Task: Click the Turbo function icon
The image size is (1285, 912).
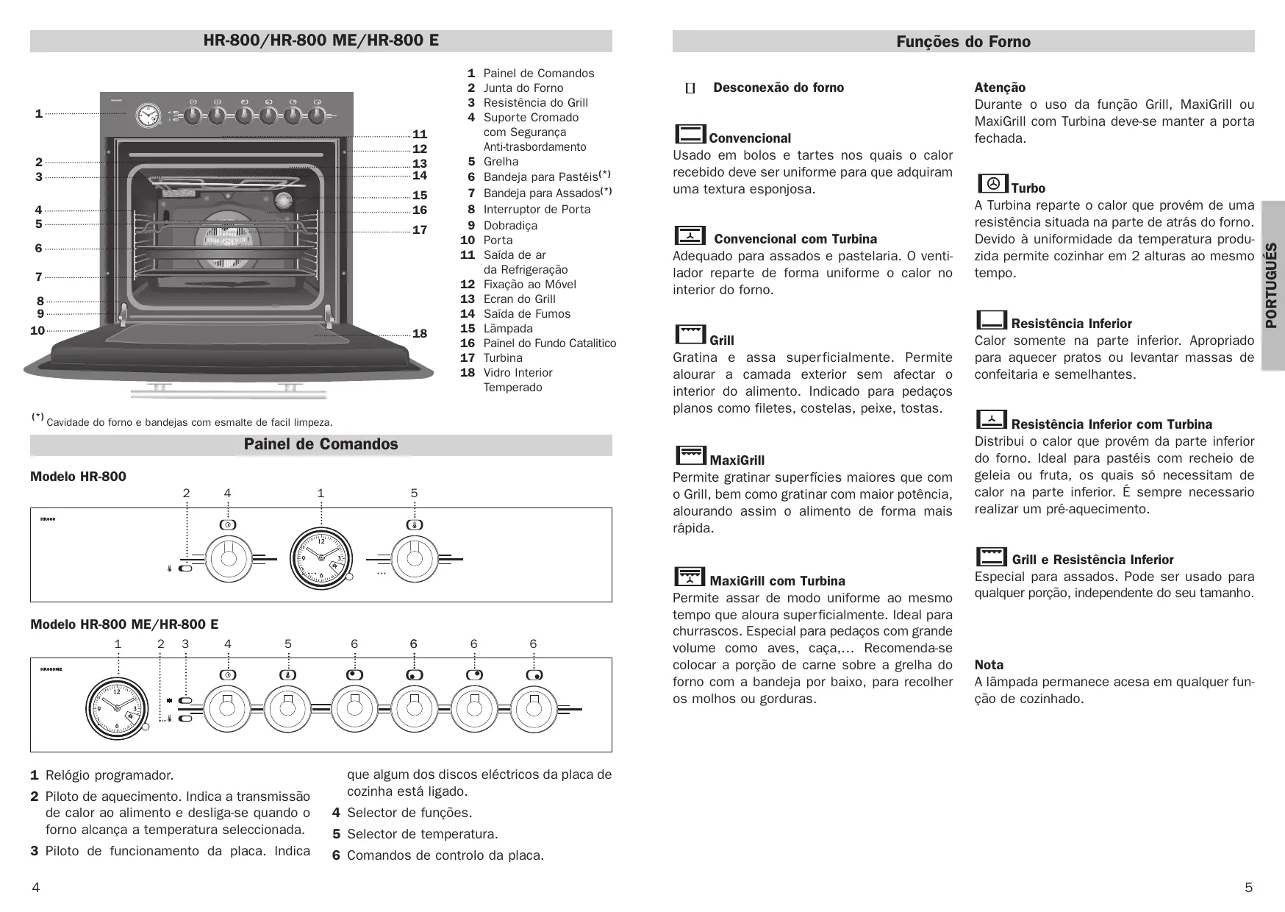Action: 992,183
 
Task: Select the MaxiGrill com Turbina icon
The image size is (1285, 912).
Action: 690,576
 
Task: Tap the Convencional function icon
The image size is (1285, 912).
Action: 690,134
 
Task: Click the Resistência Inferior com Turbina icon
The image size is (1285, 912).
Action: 992,419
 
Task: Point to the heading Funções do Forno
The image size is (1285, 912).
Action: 963,42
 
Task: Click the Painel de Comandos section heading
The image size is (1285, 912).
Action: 321,444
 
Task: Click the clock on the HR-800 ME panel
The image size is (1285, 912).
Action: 116,707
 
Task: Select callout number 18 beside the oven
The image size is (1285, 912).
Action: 420,334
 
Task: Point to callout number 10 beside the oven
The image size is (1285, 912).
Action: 37,331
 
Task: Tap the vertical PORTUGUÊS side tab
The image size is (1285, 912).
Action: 1272,285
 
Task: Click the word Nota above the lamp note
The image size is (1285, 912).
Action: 989,665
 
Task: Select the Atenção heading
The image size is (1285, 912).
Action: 1000,88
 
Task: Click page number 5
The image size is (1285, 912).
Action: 1248,888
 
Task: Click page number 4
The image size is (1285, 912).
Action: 35,888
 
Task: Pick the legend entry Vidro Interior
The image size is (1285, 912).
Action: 518,373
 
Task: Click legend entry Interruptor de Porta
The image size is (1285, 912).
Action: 537,210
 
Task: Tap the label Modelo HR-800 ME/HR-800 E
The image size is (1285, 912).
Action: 124,624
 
